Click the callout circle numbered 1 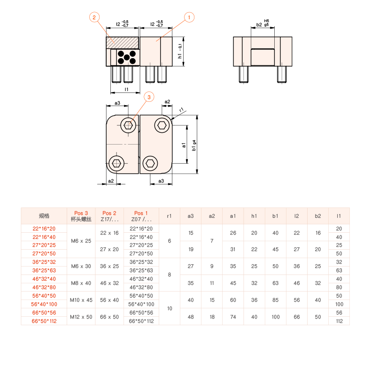(x=189, y=17)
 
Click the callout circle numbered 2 (x=94, y=17)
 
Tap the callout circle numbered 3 (x=149, y=97)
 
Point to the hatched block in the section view (x=122, y=43)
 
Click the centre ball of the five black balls (x=127, y=57)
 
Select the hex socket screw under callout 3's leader (x=128, y=125)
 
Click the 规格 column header (x=44, y=216)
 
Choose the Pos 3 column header (x=81, y=216)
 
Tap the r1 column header (x=170, y=216)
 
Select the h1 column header (x=254, y=216)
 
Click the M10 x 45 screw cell (x=81, y=300)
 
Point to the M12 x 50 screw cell (x=81, y=317)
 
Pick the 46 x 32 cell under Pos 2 (x=109, y=283)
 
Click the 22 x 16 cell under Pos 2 (x=109, y=233)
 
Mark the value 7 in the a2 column (x=212, y=241)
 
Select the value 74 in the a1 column (x=233, y=317)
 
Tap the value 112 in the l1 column (x=339, y=321)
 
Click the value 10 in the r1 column (x=170, y=308)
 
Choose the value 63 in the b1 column (x=275, y=283)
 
